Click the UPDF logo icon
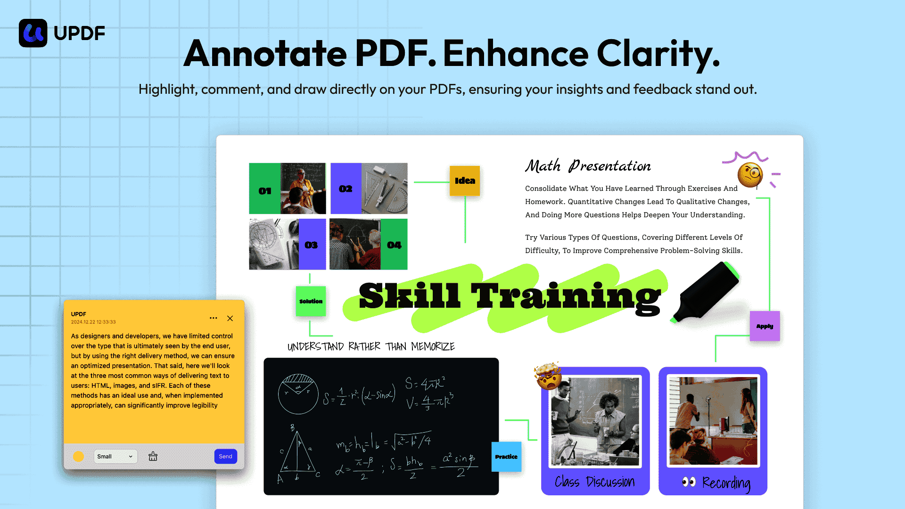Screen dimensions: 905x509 pyautogui.click(x=33, y=33)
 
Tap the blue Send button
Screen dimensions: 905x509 pyautogui.click(x=226, y=456)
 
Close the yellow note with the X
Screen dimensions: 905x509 pyautogui.click(x=230, y=318)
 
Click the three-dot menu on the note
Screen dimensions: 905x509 pyautogui.click(x=214, y=318)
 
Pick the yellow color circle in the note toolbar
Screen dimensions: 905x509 pyautogui.click(x=79, y=456)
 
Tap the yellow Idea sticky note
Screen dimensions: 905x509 pyautogui.click(x=465, y=181)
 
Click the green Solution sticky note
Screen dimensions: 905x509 pyautogui.click(x=311, y=301)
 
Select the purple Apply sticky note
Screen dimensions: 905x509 pyautogui.click(x=765, y=326)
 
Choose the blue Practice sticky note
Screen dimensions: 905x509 pyautogui.click(x=507, y=457)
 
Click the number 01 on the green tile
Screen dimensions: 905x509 pyautogui.click(x=265, y=191)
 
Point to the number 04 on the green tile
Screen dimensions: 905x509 pyautogui.click(x=394, y=245)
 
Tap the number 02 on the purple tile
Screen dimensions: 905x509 pyautogui.click(x=346, y=189)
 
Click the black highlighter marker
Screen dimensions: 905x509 pyautogui.click(x=706, y=292)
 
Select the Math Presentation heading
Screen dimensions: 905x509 pyautogui.click(x=588, y=166)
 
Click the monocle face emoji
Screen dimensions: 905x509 pyautogui.click(x=750, y=175)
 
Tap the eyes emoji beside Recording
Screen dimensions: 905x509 pyautogui.click(x=689, y=482)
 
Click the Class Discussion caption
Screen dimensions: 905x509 pyautogui.click(x=595, y=482)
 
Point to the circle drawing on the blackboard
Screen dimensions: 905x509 pyautogui.click(x=298, y=394)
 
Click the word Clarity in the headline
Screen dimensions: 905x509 pyautogui.click(x=658, y=54)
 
